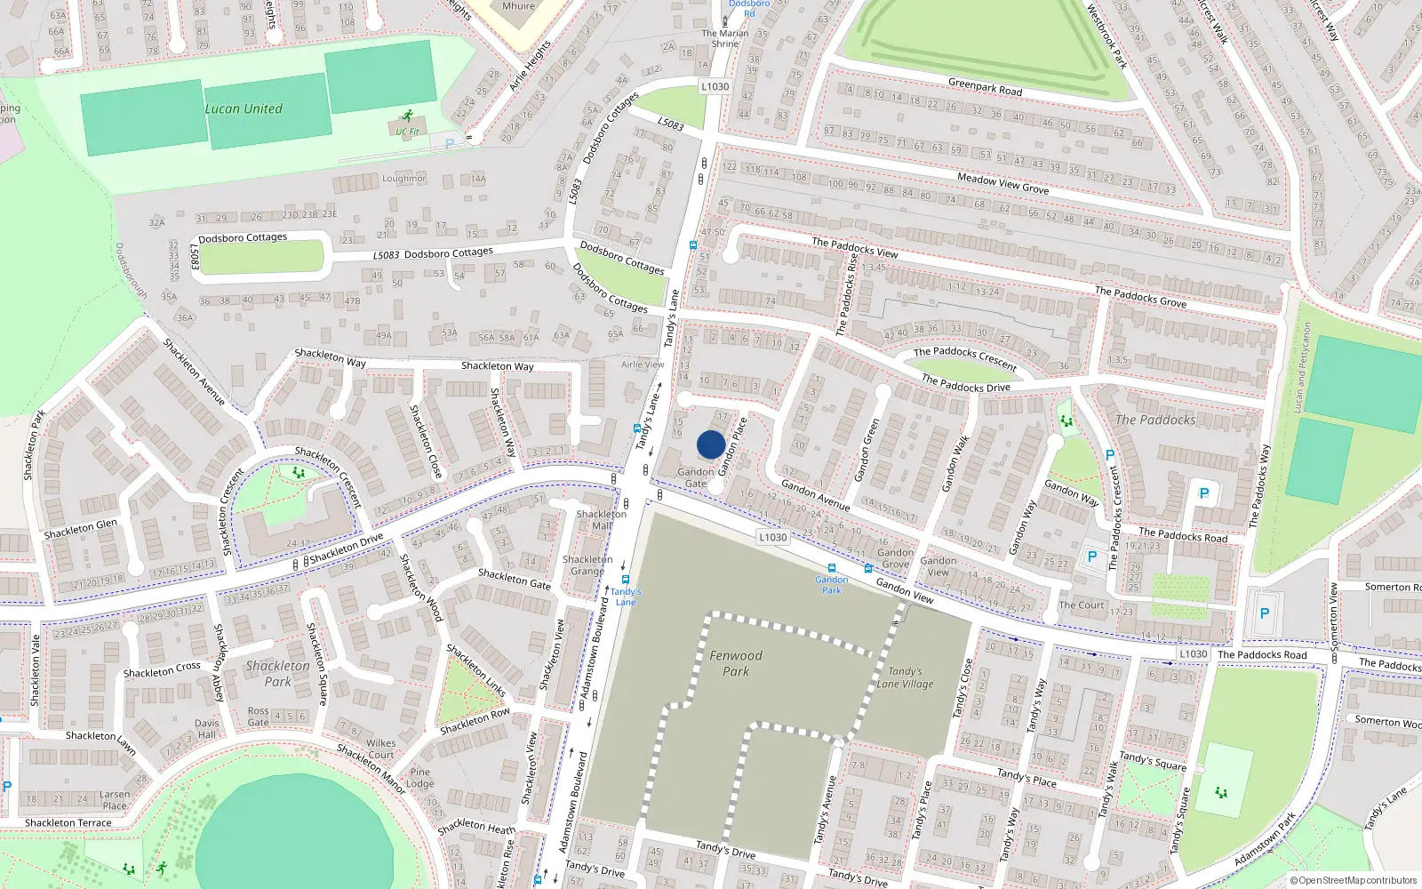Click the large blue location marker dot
[711, 444]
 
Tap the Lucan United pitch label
[244, 109]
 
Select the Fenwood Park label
[736, 663]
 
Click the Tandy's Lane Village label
[905, 677]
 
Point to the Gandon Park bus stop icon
[832, 567]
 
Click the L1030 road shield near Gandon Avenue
[773, 537]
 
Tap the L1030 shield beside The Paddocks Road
[1193, 654]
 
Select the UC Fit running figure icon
[408, 116]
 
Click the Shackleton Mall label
[602, 519]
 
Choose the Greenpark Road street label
[985, 87]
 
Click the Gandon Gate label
[696, 477]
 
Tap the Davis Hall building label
[207, 729]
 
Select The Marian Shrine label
[725, 38]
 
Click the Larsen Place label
[115, 800]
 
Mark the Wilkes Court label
[381, 749]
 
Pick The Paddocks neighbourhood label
[1155, 420]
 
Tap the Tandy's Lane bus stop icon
[626, 580]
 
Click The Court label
[1082, 605]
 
